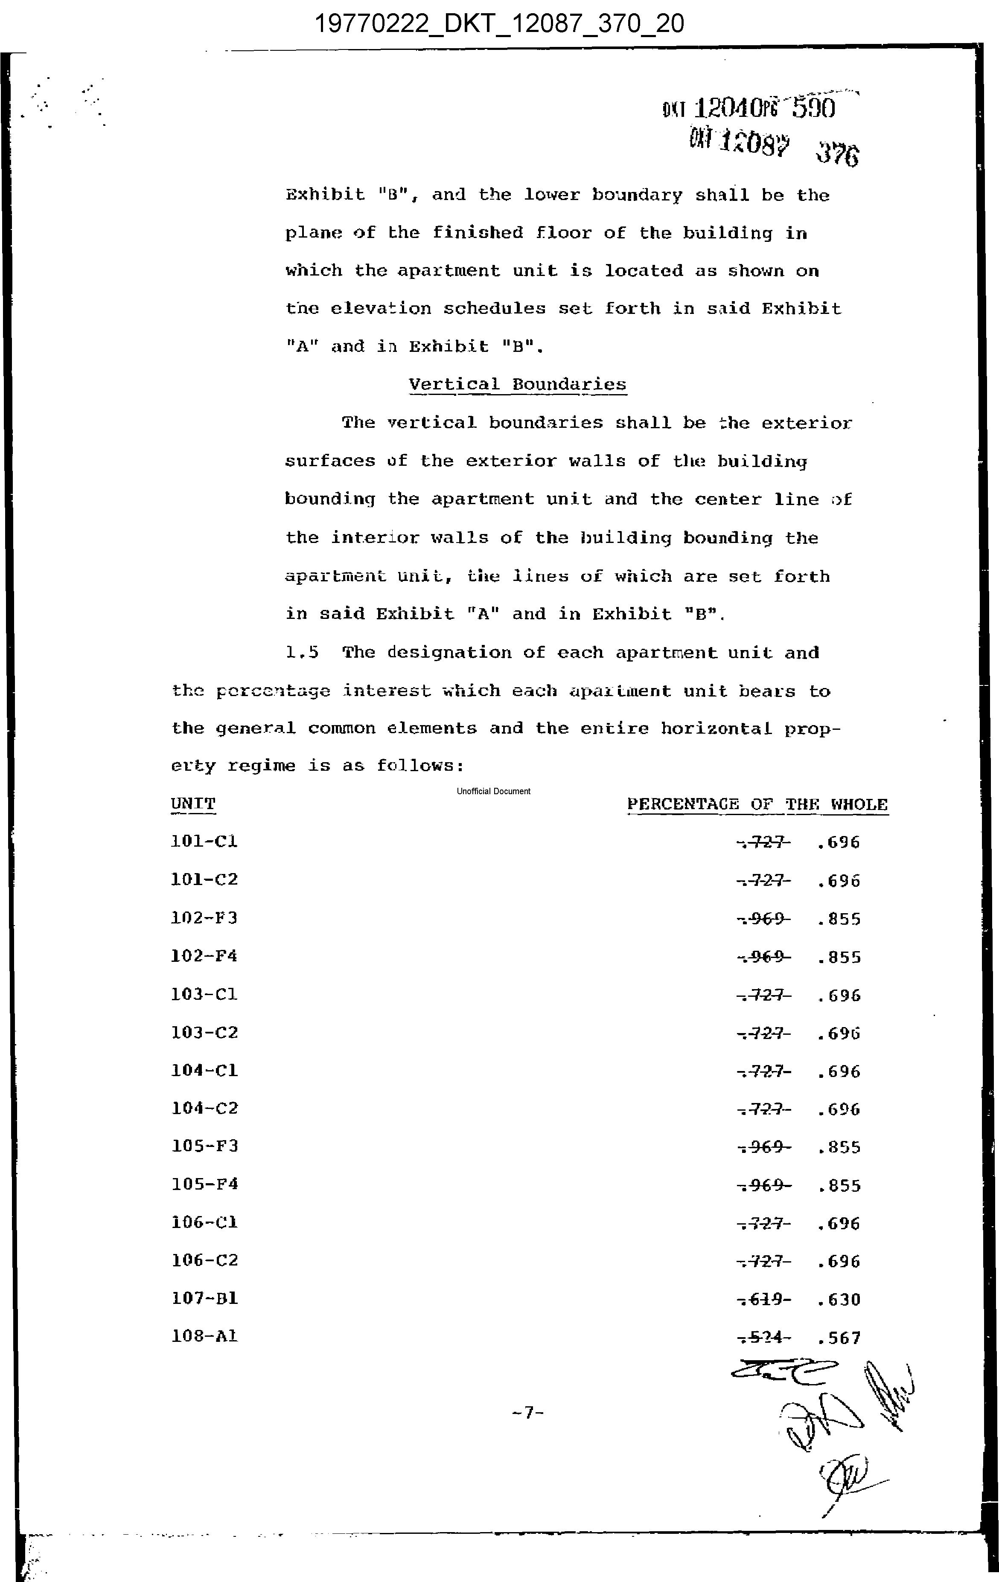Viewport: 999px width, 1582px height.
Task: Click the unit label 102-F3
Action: (204, 918)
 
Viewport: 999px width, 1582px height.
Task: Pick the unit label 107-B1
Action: (204, 1299)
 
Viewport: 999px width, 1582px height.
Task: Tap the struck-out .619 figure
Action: (764, 1300)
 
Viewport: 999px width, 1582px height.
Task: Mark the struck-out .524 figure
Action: (764, 1338)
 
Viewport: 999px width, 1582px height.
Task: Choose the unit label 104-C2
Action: (204, 1108)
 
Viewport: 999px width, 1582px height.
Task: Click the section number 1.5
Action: (302, 653)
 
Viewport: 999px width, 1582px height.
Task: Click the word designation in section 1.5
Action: (449, 653)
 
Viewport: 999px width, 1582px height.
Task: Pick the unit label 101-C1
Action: (204, 842)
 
